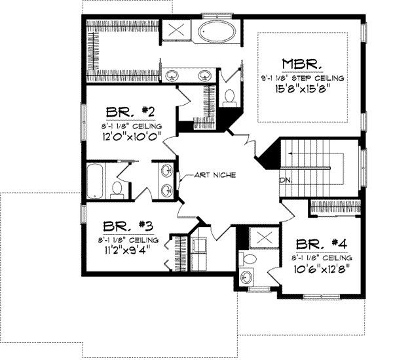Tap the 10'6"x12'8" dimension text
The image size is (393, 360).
pyautogui.click(x=321, y=267)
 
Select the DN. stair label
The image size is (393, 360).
pyautogui.click(x=286, y=179)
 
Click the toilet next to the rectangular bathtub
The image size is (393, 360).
pyautogui.click(x=118, y=188)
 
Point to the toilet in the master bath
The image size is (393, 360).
pyautogui.click(x=229, y=97)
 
